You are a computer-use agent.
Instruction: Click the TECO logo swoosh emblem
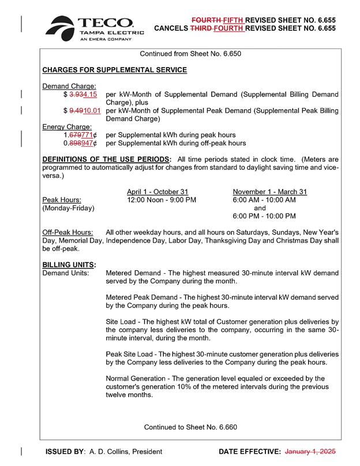click(x=61, y=28)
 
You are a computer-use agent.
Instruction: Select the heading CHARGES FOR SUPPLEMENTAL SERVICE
click(x=115, y=70)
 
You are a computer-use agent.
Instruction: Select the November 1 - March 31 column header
click(x=269, y=192)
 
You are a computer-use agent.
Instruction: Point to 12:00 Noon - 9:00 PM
click(x=162, y=200)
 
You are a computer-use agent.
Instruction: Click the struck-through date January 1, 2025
click(x=310, y=451)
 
